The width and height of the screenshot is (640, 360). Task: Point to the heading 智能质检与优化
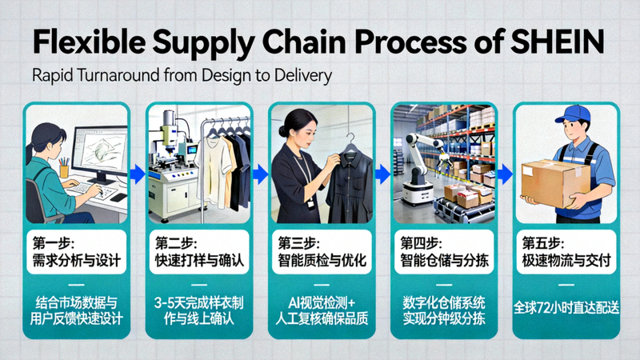point(320,261)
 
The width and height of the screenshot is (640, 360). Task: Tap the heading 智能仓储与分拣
point(442,261)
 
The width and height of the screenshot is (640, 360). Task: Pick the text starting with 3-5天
point(198,303)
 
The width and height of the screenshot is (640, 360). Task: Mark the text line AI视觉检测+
point(320,303)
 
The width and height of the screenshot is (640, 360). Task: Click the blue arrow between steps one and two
point(136,170)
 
